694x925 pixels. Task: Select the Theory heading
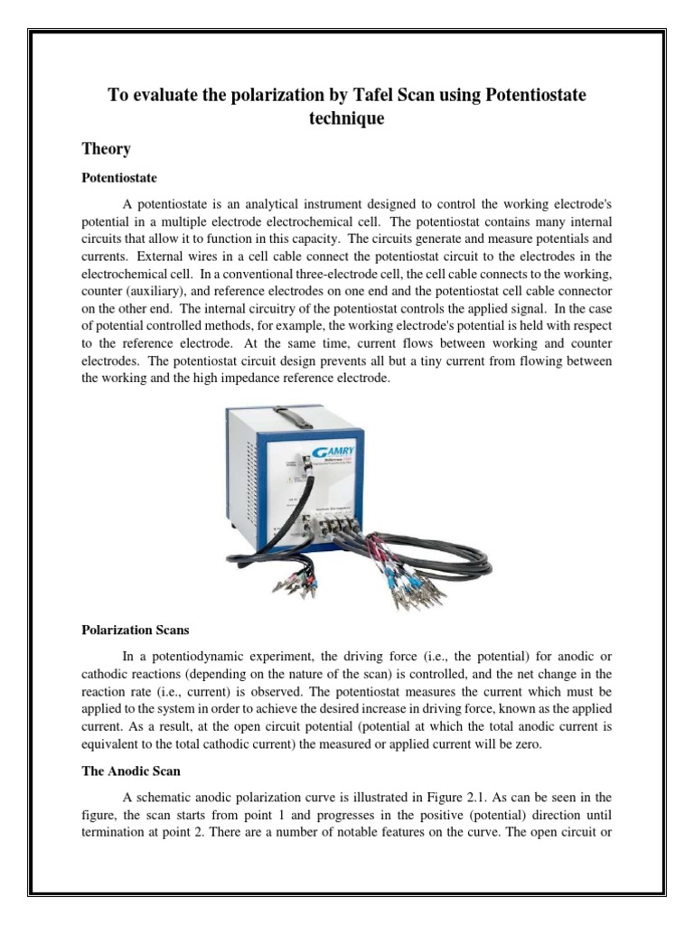pyautogui.click(x=106, y=149)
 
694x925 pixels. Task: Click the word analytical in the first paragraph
pyautogui.click(x=250, y=205)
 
